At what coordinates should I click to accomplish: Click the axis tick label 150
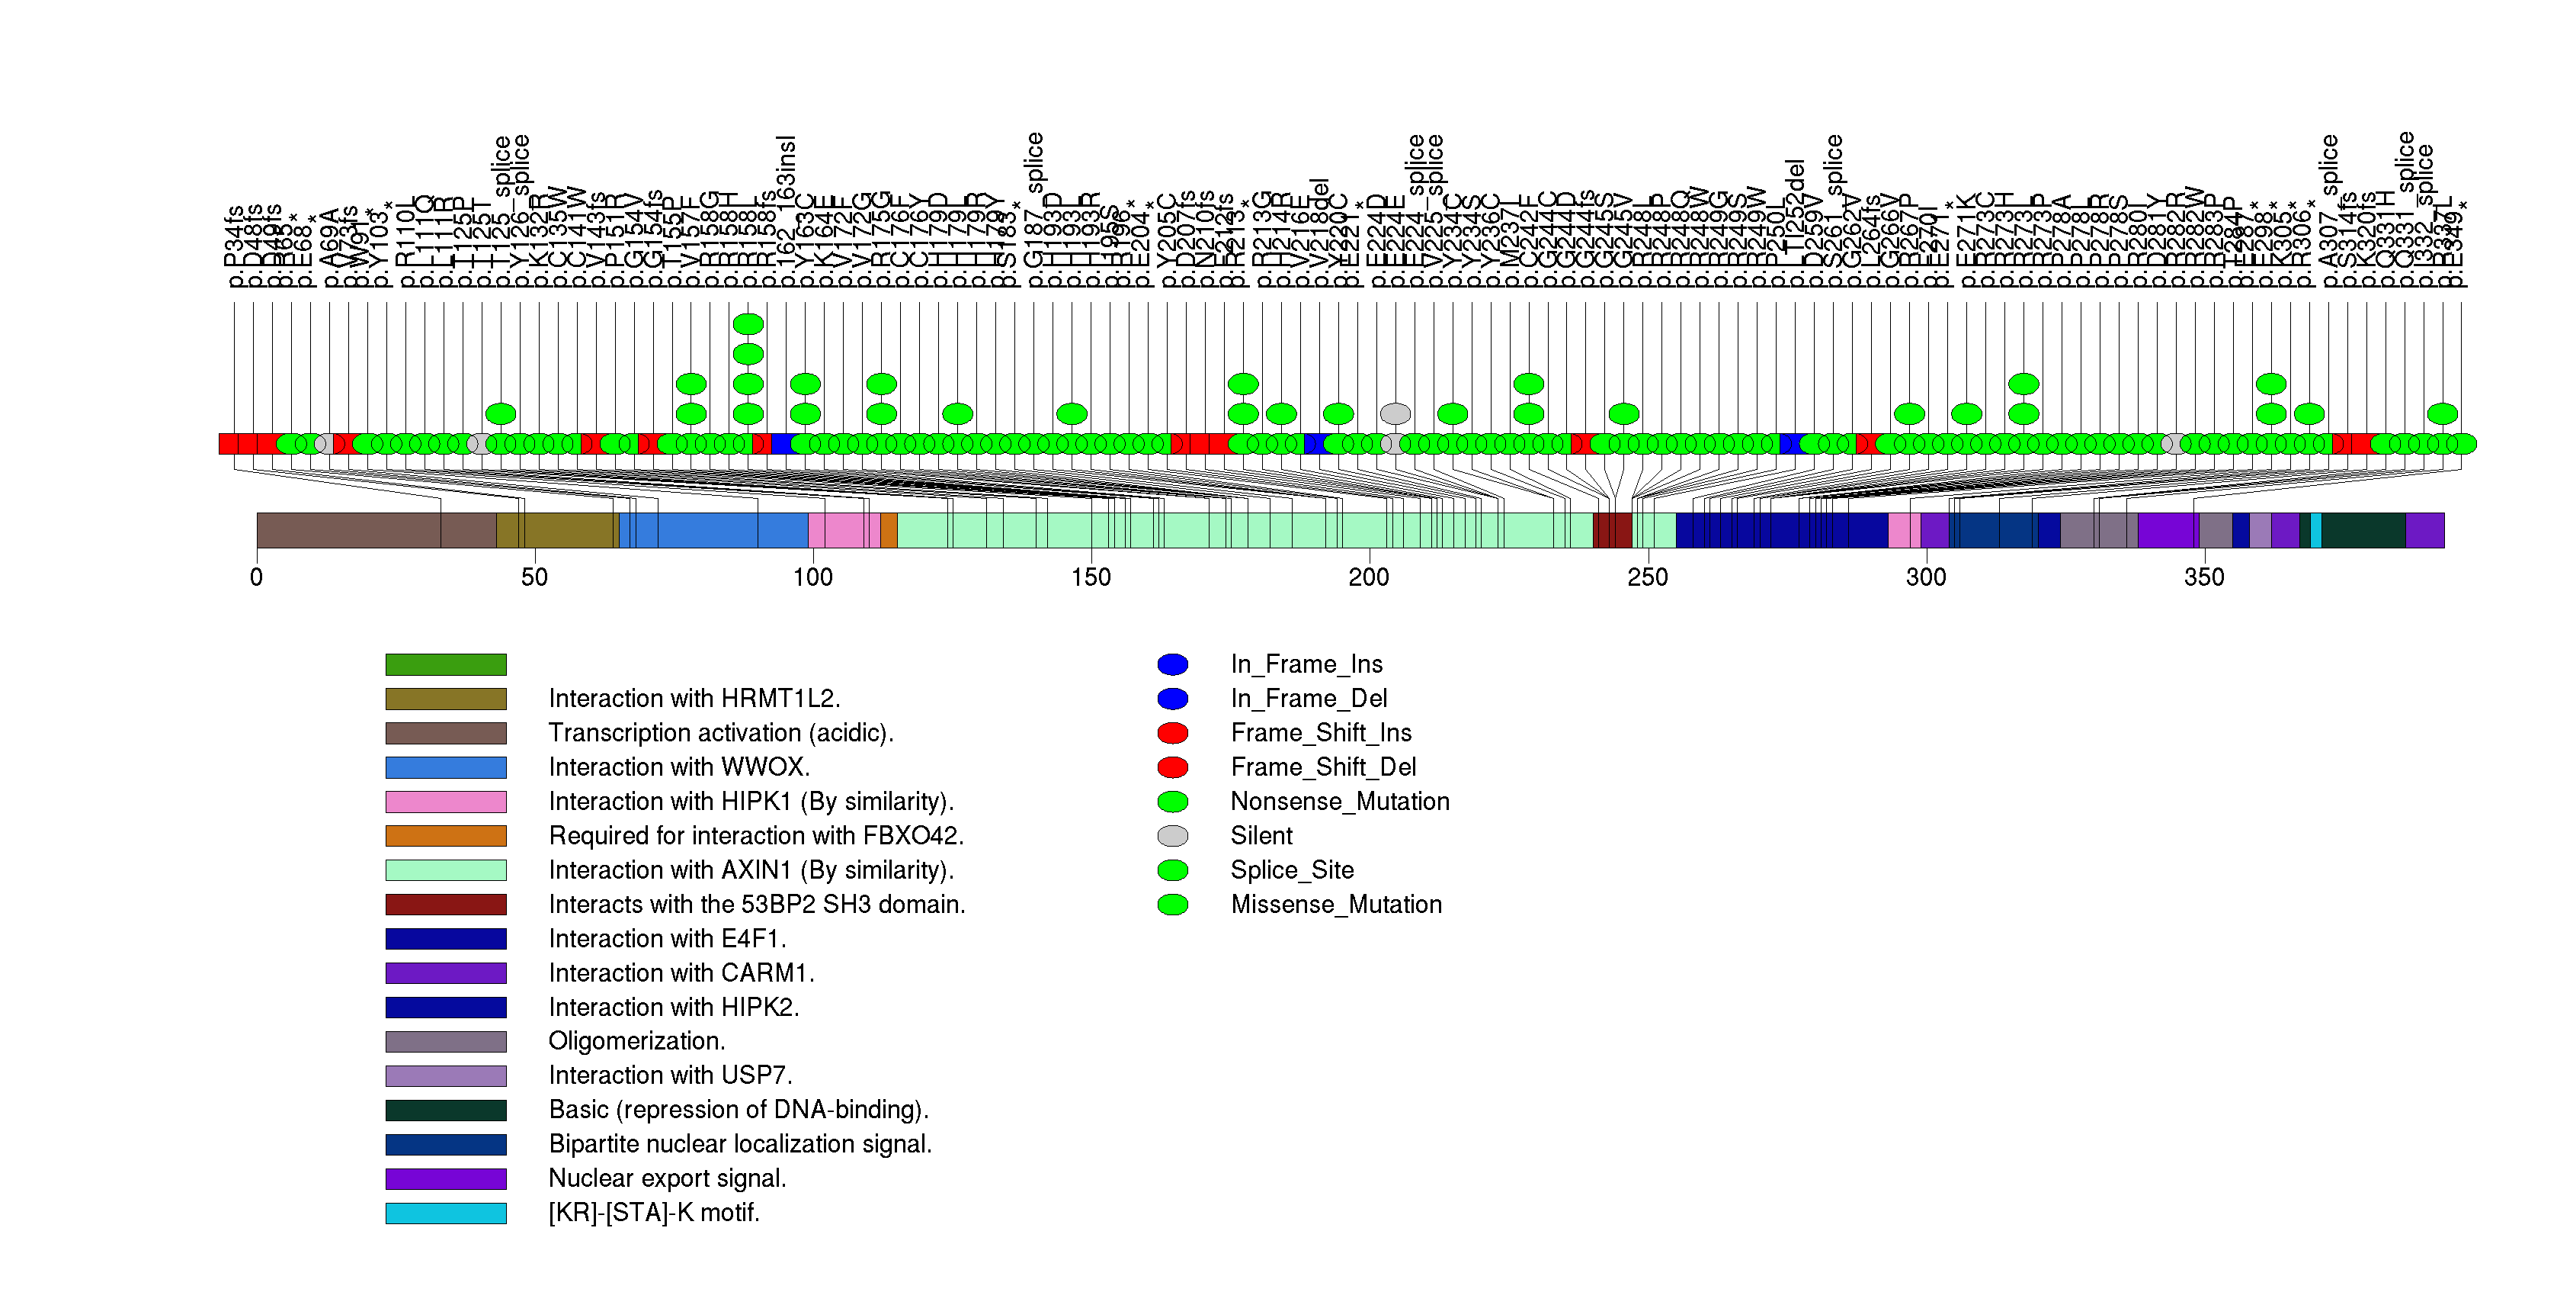pyautogui.click(x=1091, y=577)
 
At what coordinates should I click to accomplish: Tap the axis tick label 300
pyautogui.click(x=1926, y=577)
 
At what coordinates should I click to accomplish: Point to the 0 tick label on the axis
pyautogui.click(x=257, y=577)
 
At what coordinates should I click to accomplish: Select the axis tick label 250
pyautogui.click(x=1647, y=577)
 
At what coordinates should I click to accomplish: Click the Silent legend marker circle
pyautogui.click(x=1173, y=835)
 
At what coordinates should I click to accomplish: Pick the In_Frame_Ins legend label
pyautogui.click(x=1306, y=664)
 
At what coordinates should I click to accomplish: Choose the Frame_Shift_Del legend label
pyautogui.click(x=1323, y=767)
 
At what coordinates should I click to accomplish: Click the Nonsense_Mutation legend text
pyautogui.click(x=1339, y=802)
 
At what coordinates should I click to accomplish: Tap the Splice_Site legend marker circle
pyautogui.click(x=1173, y=870)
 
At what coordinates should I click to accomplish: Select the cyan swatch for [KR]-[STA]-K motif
pyautogui.click(x=446, y=1213)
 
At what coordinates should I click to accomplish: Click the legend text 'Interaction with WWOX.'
pyautogui.click(x=679, y=767)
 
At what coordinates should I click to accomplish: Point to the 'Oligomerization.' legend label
pyautogui.click(x=637, y=1041)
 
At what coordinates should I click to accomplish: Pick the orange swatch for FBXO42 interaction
pyautogui.click(x=446, y=837)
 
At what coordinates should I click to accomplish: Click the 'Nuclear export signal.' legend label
pyautogui.click(x=667, y=1178)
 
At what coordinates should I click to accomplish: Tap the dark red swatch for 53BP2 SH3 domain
pyautogui.click(x=446, y=905)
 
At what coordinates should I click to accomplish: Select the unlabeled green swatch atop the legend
pyautogui.click(x=446, y=664)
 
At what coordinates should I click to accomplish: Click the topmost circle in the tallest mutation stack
pyautogui.click(x=748, y=323)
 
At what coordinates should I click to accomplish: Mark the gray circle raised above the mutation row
pyautogui.click(x=1395, y=413)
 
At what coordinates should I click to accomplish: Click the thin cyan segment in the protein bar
pyautogui.click(x=2316, y=531)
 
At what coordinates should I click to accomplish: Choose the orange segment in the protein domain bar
pyautogui.click(x=889, y=531)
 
